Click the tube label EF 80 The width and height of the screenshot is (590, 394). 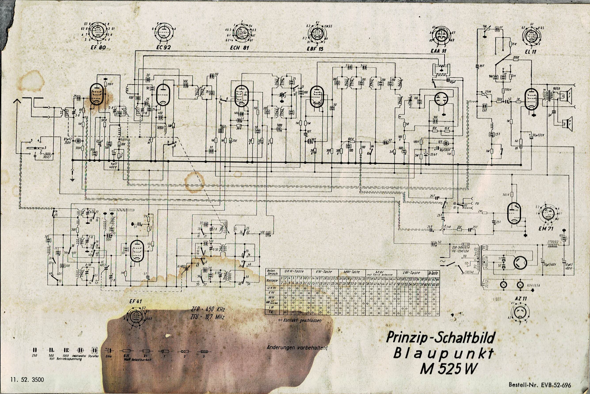98,47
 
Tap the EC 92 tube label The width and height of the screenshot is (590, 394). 163,47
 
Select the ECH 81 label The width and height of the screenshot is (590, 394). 240,48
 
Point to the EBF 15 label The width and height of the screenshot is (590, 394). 315,49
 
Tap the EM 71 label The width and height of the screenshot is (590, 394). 546,229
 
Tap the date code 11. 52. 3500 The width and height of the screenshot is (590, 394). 27,379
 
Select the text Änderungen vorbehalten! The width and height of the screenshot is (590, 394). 297,348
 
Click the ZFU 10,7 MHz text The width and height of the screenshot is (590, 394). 207,317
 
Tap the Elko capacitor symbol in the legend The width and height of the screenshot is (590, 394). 109,351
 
